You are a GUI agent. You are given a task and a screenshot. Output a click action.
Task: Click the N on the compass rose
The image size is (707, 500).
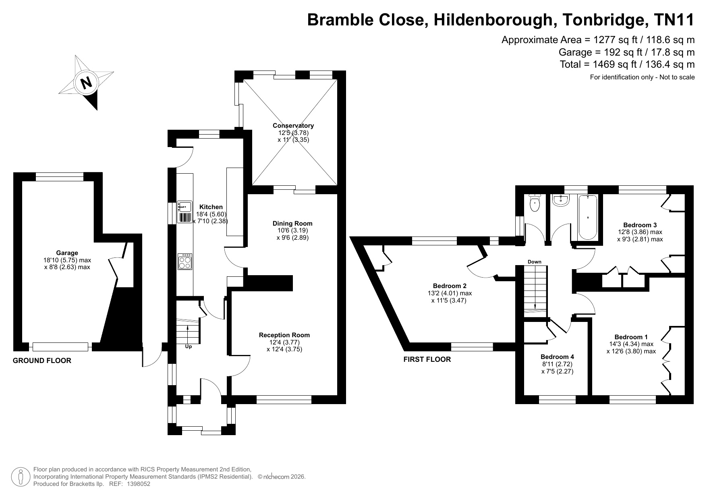(x=86, y=83)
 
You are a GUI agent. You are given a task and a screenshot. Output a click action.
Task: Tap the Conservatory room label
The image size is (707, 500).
(x=293, y=126)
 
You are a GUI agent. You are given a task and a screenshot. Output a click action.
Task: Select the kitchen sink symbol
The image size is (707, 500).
(x=185, y=212)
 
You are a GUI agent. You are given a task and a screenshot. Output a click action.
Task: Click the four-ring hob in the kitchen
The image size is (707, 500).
(x=185, y=261)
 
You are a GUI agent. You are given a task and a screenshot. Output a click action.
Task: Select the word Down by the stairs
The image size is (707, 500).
(x=535, y=262)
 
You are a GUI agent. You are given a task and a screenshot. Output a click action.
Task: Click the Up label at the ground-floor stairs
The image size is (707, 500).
(x=188, y=346)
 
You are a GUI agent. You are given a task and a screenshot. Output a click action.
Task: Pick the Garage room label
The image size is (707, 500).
(x=67, y=253)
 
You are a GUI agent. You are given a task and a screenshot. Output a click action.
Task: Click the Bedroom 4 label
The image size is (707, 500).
(x=557, y=357)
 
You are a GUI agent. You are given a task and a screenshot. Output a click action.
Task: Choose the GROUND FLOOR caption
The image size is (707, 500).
(x=42, y=361)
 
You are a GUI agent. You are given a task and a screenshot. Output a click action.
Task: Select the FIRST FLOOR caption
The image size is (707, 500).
(x=427, y=359)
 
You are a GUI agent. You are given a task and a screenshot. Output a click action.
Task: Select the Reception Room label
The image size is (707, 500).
(x=284, y=335)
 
